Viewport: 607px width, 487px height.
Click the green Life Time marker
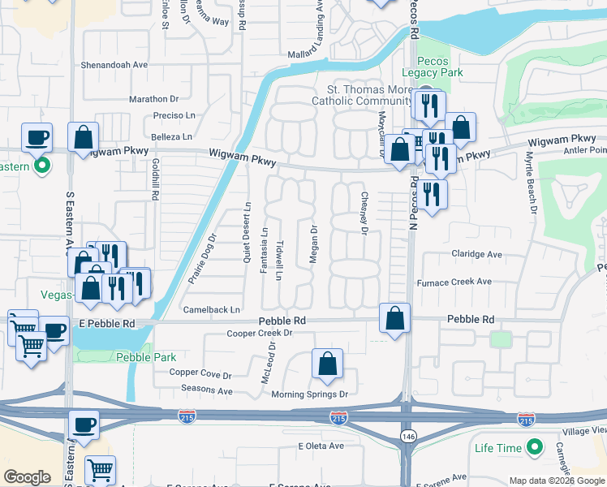(x=535, y=447)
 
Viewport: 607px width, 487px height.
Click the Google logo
(x=27, y=477)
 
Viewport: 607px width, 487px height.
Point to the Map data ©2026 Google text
(x=557, y=481)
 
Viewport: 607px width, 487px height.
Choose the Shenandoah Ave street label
(x=114, y=65)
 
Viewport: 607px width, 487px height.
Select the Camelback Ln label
(x=212, y=309)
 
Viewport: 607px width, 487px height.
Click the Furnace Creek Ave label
(x=454, y=282)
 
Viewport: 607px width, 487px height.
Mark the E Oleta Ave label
(x=322, y=446)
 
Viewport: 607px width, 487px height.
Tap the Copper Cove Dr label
(x=200, y=374)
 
